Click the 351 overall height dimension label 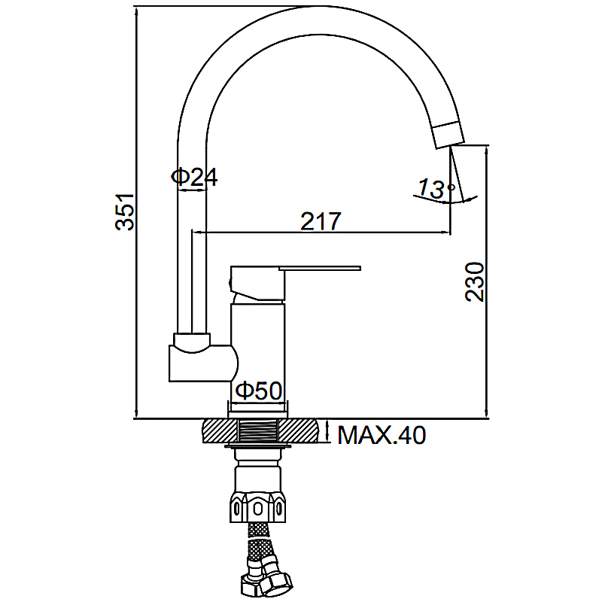tap(125, 212)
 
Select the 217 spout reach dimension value tap(321, 221)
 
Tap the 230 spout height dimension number tap(475, 281)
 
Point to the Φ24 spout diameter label tap(194, 177)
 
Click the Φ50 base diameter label tap(258, 391)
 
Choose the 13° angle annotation tap(436, 189)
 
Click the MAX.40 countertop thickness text tap(382, 435)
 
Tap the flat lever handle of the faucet tap(321, 268)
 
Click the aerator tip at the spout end tap(448, 135)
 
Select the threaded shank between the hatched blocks tap(258, 430)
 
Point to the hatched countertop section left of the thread tap(220, 430)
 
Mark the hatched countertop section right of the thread tap(298, 430)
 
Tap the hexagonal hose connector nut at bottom tap(273, 582)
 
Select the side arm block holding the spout tap(202, 363)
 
